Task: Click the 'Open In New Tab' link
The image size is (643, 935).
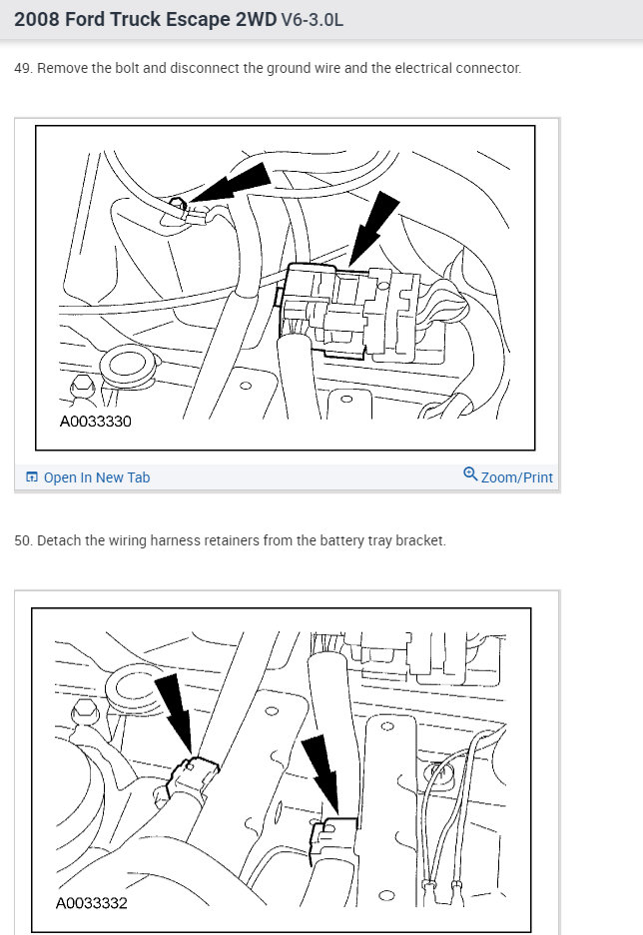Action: pos(96,477)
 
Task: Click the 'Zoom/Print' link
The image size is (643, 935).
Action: pos(516,477)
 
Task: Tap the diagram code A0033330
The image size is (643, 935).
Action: pos(96,422)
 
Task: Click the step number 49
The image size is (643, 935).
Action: pos(22,69)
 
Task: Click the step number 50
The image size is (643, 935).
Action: pos(22,540)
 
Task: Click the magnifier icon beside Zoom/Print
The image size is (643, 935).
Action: pos(470,475)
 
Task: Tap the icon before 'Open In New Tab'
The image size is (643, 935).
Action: pos(31,477)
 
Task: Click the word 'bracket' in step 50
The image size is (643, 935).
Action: pos(420,540)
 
